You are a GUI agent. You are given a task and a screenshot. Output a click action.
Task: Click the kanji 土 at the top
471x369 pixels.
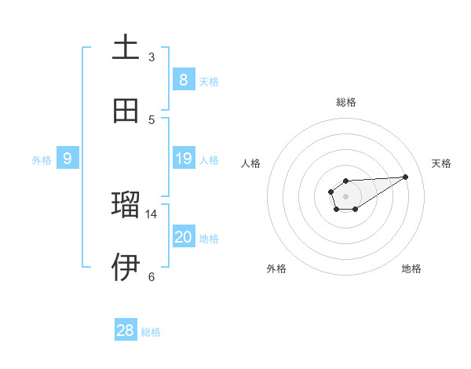[x=126, y=47]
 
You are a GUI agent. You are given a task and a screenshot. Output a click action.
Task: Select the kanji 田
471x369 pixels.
[x=126, y=111]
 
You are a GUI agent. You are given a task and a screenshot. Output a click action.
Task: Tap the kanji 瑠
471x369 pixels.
[x=126, y=204]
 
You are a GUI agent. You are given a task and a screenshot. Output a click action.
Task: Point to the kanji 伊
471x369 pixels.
[x=126, y=267]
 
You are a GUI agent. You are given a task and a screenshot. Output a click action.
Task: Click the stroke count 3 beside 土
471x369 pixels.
[x=152, y=57]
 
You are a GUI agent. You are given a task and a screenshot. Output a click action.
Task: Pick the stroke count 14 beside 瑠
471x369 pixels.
[x=152, y=214]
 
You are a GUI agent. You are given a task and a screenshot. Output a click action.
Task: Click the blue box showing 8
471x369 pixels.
[x=183, y=79]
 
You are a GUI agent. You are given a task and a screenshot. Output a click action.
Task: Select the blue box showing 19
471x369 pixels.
[x=183, y=159]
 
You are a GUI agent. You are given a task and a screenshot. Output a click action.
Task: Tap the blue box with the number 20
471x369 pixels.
[x=183, y=237]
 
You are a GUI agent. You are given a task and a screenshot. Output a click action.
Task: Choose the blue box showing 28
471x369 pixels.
[x=126, y=331]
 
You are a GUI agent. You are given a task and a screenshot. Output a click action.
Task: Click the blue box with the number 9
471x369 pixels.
[x=68, y=159]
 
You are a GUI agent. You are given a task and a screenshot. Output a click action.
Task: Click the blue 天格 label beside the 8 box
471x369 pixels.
[x=209, y=81]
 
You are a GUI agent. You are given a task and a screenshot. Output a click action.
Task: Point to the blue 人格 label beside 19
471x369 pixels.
[x=209, y=160]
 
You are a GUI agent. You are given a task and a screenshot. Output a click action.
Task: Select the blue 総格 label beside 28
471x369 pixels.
[x=151, y=332]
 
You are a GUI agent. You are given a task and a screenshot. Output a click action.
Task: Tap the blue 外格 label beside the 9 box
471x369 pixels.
[x=42, y=160]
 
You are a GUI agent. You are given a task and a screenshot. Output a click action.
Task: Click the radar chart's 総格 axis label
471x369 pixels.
[x=345, y=102]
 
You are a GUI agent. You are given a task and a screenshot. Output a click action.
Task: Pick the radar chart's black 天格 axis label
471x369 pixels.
[x=441, y=163]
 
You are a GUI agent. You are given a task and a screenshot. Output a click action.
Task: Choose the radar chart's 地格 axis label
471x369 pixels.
[x=411, y=269]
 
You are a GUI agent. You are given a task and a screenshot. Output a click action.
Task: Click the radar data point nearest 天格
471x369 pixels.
[x=406, y=176]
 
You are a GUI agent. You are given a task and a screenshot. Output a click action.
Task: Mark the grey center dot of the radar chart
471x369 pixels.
[x=345, y=195]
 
